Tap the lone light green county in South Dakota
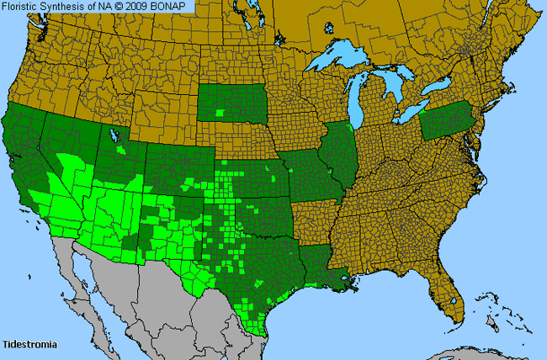point(221,112)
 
